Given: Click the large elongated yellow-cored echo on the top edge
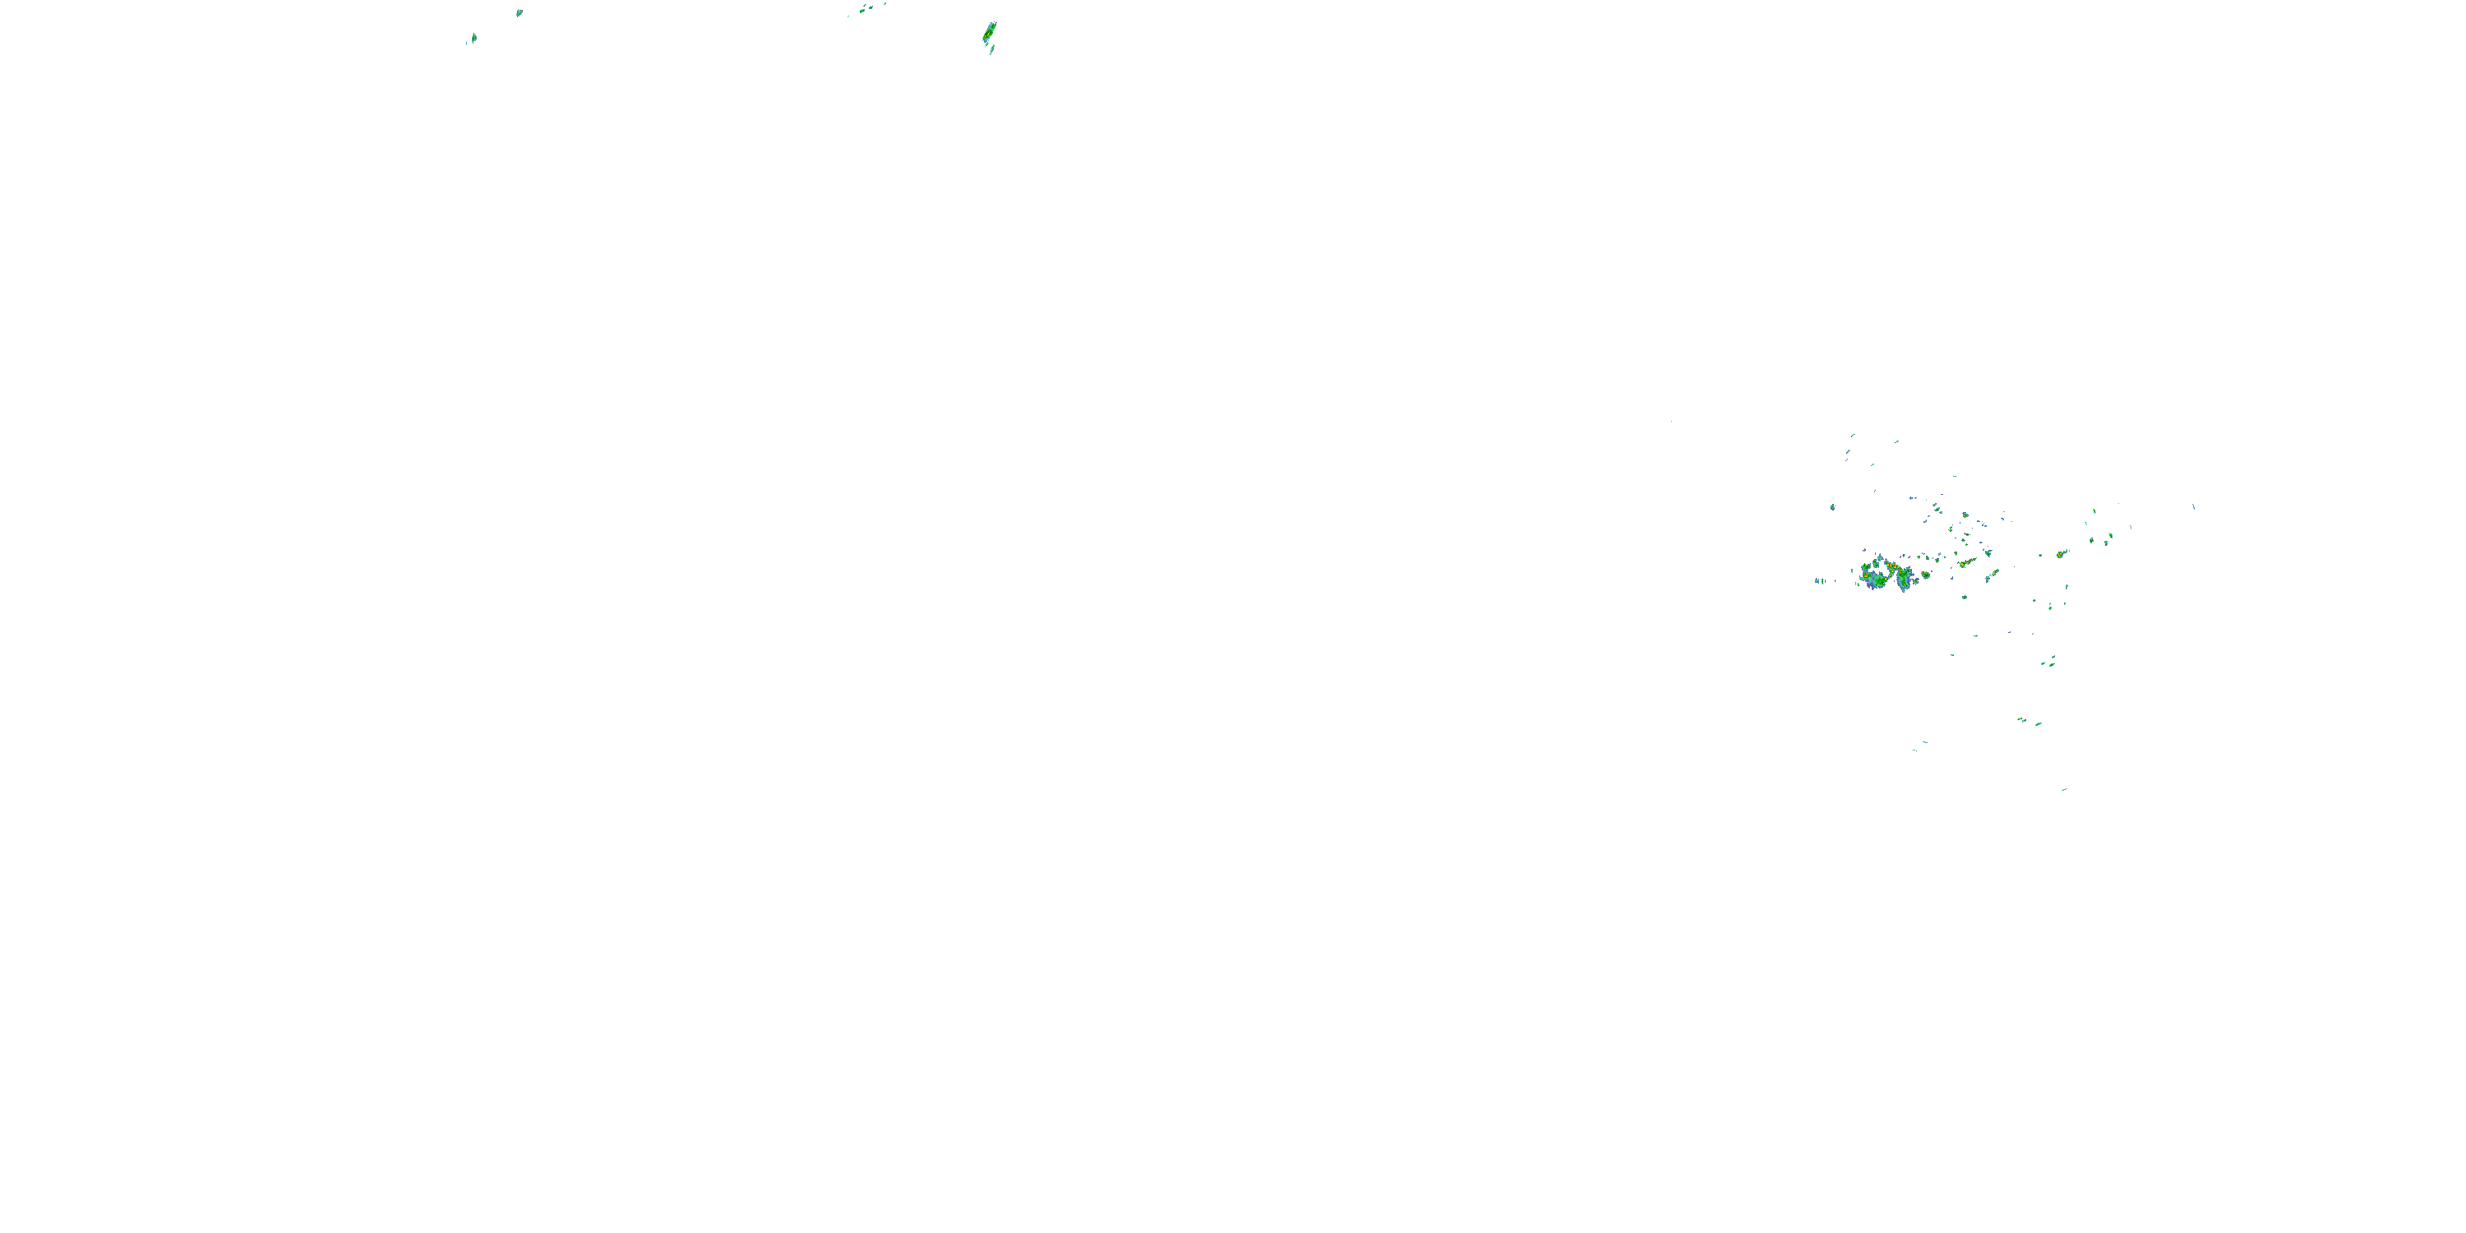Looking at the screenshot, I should [989, 34].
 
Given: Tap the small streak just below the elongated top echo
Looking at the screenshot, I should [992, 48].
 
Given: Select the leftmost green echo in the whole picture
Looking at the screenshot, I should [473, 39].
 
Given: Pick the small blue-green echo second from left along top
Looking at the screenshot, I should [519, 12].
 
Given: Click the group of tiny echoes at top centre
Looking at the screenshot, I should [865, 8].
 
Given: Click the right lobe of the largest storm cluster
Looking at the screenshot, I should [1903, 577].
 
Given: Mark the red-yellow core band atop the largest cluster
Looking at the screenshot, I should [1891, 566].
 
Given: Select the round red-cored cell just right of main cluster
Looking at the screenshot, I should [1925, 575].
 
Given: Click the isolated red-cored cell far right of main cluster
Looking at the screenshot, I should [2060, 553].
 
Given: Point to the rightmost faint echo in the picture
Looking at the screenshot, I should [2193, 506].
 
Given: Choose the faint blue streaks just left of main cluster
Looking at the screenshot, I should [1819, 580].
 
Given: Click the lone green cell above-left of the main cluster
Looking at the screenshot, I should [1832, 506].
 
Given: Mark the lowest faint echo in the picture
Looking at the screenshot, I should [2063, 790].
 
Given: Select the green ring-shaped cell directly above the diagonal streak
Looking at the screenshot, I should [1965, 516].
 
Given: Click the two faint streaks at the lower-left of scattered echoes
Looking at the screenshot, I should [1919, 745].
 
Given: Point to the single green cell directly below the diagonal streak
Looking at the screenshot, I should [1965, 598].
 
